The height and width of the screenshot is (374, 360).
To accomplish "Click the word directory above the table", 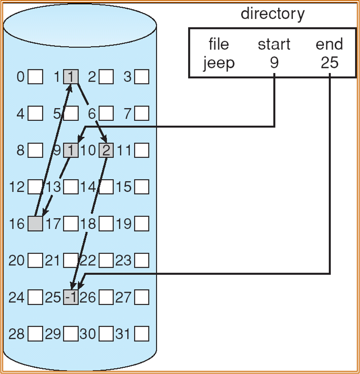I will tap(273, 14).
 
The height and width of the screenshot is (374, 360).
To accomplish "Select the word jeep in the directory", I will tap(219, 63).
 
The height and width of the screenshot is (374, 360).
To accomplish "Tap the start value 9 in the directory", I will tap(274, 63).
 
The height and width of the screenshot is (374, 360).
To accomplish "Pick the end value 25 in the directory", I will tap(329, 63).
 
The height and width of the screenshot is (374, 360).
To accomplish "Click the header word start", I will tap(274, 44).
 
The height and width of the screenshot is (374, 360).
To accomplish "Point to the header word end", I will tap(329, 44).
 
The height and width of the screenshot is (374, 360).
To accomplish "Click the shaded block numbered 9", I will tap(71, 150).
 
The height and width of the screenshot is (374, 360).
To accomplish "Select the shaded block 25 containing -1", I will tap(71, 297).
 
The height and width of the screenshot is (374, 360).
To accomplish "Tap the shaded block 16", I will tap(35, 223).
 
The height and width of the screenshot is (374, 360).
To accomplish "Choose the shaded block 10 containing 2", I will tap(106, 150).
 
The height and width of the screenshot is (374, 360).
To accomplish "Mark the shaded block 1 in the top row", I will tap(71, 77).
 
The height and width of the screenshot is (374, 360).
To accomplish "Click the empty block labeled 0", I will tap(35, 77).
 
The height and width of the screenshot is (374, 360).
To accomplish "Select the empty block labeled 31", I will tap(142, 334).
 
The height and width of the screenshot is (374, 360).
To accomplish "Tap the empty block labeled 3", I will tap(142, 77).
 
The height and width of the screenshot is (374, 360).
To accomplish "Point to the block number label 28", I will tap(17, 334).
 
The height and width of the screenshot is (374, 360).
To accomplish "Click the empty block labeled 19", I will tap(142, 223).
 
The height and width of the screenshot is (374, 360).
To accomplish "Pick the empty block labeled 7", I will tap(142, 114).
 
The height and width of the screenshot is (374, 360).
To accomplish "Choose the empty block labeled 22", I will tap(106, 260).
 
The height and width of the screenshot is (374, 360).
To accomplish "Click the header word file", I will tap(219, 44).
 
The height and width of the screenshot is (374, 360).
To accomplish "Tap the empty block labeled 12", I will tap(35, 187).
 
